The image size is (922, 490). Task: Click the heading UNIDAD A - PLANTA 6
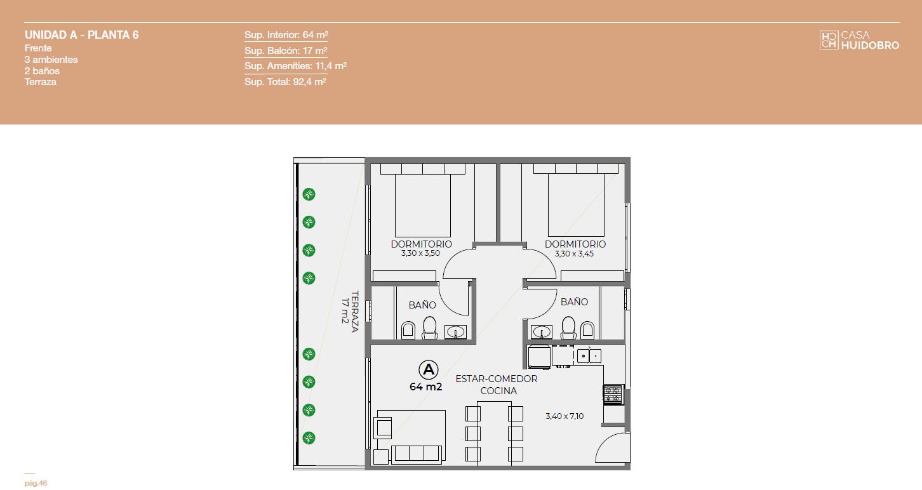tap(81, 35)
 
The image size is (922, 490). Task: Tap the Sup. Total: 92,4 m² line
tap(285, 81)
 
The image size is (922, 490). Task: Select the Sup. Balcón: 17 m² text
tap(286, 51)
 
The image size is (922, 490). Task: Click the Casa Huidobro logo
tap(859, 41)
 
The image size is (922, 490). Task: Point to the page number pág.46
tap(36, 483)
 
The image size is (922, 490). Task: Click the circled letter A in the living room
tap(428, 370)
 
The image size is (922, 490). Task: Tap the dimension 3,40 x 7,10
tap(565, 416)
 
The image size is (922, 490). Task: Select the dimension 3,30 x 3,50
tap(420, 253)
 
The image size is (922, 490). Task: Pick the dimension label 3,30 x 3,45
tap(574, 253)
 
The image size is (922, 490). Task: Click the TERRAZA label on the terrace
tap(355, 312)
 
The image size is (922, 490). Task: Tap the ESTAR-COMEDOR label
tap(497, 378)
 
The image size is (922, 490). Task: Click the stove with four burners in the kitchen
tap(613, 395)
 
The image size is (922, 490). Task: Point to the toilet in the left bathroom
tap(430, 328)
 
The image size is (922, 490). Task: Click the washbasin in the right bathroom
tap(541, 331)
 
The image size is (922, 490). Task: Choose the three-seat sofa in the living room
tap(416, 454)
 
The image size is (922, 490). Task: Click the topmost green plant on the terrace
tap(309, 194)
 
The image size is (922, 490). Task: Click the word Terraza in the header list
tap(41, 82)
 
